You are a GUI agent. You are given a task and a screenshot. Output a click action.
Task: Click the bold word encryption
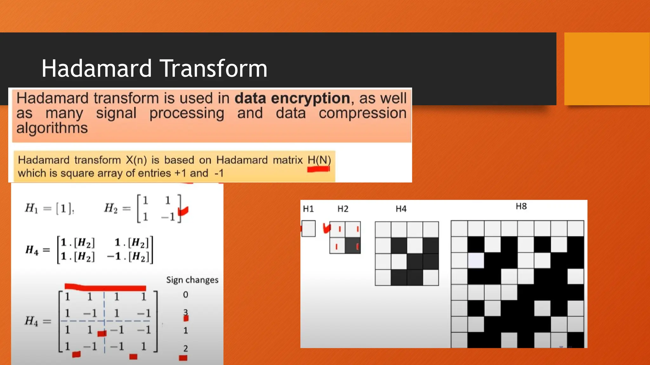click(310, 98)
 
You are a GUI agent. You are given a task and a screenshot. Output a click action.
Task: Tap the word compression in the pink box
click(362, 113)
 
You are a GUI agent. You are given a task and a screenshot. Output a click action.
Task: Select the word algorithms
click(52, 128)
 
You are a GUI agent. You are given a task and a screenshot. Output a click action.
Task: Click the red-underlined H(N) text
click(319, 160)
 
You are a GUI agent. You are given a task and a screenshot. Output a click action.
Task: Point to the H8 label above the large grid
click(521, 206)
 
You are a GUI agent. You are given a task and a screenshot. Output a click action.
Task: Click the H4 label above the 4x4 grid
click(401, 209)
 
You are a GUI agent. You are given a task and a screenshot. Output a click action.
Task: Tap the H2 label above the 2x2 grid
click(343, 209)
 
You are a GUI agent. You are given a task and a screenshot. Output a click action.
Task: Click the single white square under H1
click(308, 228)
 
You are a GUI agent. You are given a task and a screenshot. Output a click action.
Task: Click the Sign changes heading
click(192, 280)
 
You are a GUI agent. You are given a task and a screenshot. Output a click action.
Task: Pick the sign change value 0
click(186, 295)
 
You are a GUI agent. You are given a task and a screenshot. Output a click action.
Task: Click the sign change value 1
click(186, 331)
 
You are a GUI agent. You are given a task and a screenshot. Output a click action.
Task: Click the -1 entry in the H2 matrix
click(168, 217)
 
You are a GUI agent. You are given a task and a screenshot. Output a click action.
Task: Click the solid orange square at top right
click(607, 68)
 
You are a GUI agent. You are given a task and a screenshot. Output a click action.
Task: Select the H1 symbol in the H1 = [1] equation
click(31, 208)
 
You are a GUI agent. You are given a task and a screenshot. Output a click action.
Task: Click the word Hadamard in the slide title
click(97, 68)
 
